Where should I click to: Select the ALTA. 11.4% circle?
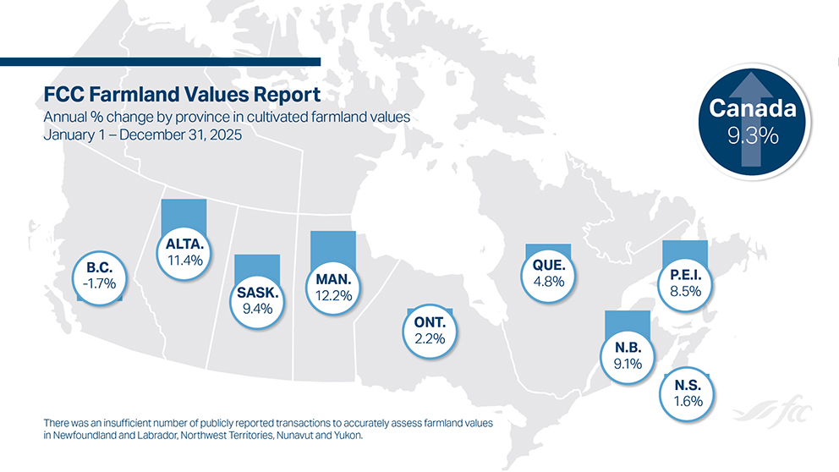184,252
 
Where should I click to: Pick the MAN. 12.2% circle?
332,286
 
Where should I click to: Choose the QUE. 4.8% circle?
548,273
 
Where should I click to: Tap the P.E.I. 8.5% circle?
685,283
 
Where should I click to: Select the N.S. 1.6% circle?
688,393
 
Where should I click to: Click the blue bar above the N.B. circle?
628,321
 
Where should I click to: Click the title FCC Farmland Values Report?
181,94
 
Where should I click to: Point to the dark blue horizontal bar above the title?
161,61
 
